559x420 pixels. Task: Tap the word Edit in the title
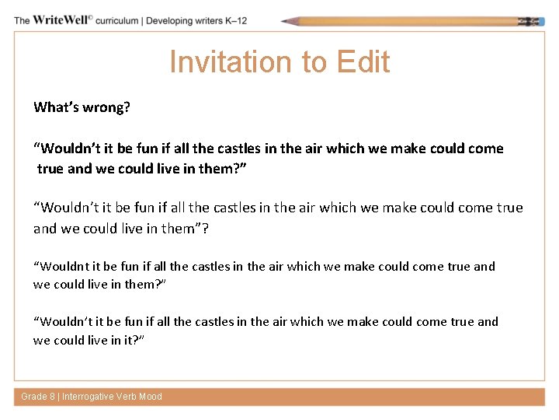click(360, 62)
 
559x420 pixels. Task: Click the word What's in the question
click(54, 107)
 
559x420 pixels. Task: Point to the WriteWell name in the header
click(61, 19)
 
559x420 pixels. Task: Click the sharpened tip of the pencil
click(286, 21)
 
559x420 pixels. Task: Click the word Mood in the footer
click(151, 397)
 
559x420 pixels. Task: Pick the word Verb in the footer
click(127, 397)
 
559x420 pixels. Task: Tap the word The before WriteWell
click(22, 19)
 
